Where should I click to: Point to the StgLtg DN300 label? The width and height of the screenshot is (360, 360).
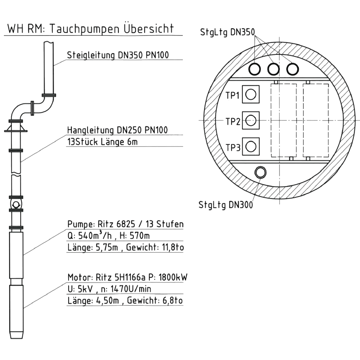(225, 205)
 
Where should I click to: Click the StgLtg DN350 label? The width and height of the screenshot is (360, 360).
(227, 32)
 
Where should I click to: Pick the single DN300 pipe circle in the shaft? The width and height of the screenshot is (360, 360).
(261, 172)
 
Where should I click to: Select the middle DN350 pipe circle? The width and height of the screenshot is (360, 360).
(273, 69)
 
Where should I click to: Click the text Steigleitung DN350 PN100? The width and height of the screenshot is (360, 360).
(118, 55)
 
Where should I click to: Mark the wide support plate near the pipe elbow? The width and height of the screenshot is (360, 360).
(15, 131)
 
